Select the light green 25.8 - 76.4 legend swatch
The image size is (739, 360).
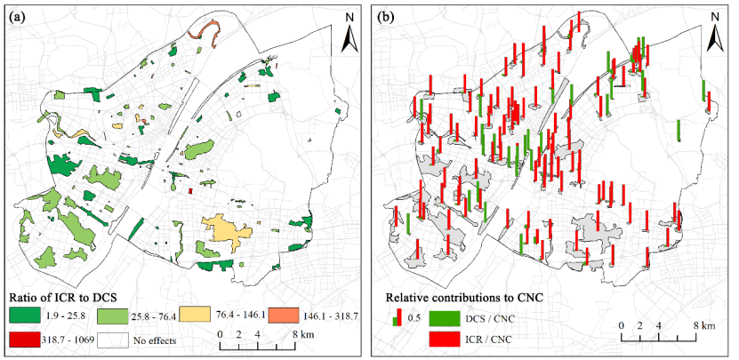click(113, 316)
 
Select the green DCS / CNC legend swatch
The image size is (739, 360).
click(445, 319)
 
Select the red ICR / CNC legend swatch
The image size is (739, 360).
click(445, 340)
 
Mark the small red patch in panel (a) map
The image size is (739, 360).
click(190, 191)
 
